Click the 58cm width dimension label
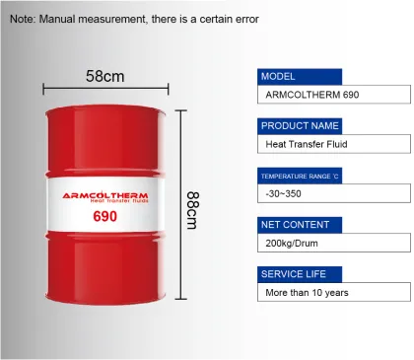pos(104,75)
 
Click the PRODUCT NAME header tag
pos(300,125)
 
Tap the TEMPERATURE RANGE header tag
pos(300,176)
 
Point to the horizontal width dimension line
pos(104,90)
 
